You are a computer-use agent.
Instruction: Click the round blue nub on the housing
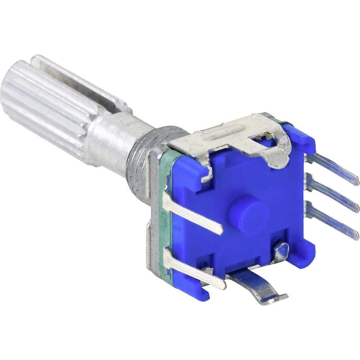tap(249, 215)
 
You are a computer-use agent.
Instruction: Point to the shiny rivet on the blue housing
tap(281, 251)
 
